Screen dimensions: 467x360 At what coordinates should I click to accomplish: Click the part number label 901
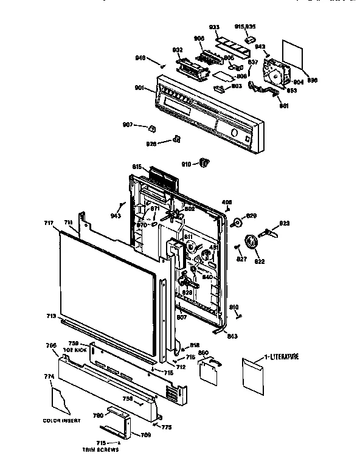coord(139,88)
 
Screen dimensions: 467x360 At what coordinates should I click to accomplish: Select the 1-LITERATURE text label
coord(281,356)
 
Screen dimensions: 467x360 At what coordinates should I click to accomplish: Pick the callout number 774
coord(49,378)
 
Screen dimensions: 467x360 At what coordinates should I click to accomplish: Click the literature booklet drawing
coord(252,373)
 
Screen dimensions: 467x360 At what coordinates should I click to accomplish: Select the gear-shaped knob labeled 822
coord(251,245)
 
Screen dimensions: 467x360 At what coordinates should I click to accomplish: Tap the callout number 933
coord(213,28)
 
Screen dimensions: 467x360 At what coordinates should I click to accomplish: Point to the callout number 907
coord(128,125)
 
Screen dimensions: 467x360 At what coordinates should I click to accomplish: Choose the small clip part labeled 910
coord(206,162)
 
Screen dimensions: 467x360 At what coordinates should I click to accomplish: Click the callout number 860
coord(204,353)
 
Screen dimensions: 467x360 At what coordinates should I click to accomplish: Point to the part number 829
coord(251,216)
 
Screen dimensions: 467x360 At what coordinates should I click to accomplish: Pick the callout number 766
coord(52,345)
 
